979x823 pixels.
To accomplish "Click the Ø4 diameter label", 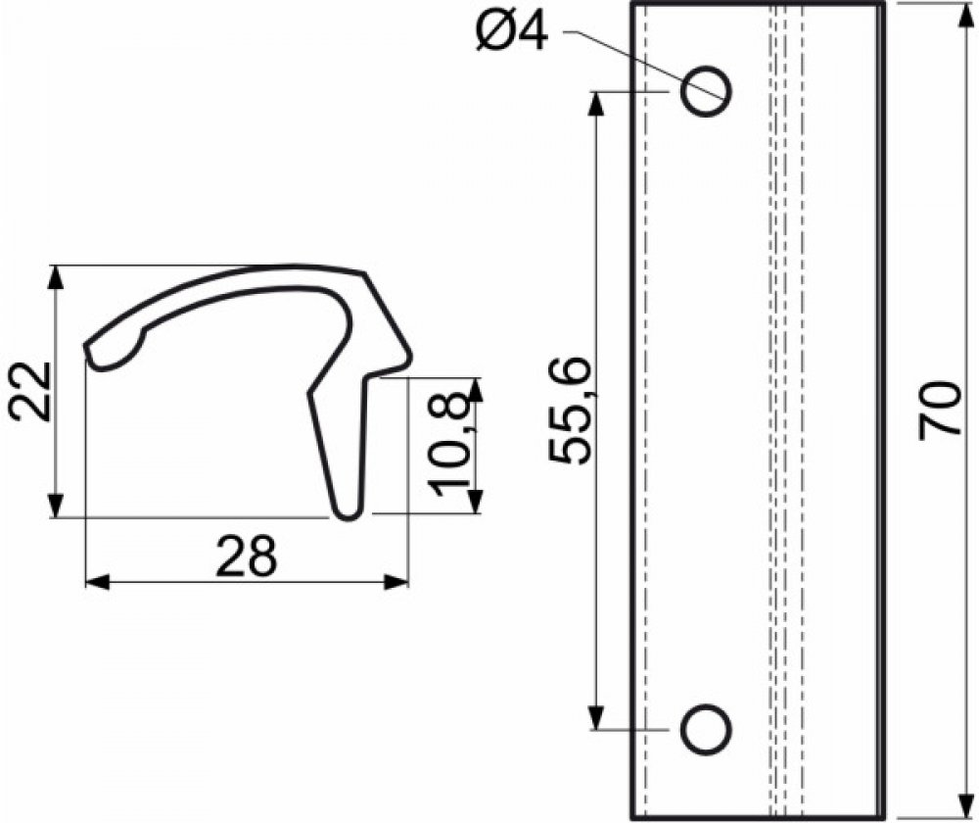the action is click(x=511, y=31).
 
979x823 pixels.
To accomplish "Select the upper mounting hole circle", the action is click(x=706, y=91).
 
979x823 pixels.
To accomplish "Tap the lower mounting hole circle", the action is click(x=706, y=729).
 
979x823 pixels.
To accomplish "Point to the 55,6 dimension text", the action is click(x=570, y=410).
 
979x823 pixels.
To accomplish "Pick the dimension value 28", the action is click(x=246, y=556).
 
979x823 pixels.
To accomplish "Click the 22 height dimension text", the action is click(x=30, y=392).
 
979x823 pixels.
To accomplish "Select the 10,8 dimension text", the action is click(x=450, y=443).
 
